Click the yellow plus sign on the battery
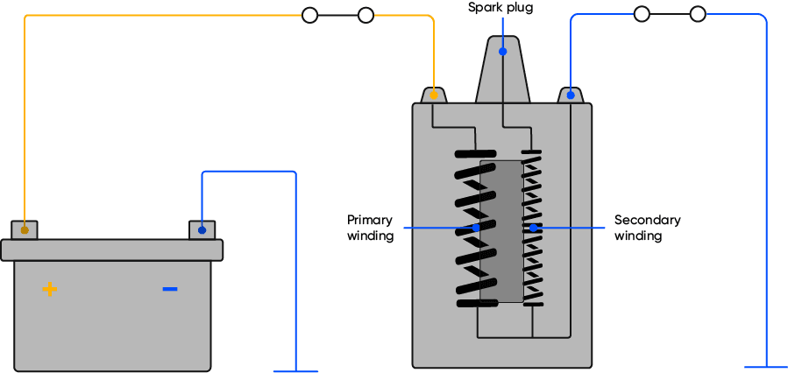point(50,289)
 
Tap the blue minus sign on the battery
point(170,289)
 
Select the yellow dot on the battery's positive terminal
point(25,230)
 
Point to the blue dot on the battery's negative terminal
point(202,230)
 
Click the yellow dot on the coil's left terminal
point(433,94)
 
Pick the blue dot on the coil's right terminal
point(571,94)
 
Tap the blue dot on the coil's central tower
point(502,52)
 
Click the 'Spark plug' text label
point(500,8)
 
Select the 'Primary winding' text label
point(370,228)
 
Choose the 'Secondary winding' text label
point(647,228)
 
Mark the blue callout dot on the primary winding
point(476,228)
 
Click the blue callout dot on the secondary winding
point(532,228)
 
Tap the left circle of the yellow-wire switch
point(309,15)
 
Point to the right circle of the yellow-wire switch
point(366,15)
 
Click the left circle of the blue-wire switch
point(642,14)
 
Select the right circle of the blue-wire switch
point(698,14)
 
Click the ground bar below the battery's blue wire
point(296,370)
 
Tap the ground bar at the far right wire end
point(766,367)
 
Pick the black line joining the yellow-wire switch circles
point(337,15)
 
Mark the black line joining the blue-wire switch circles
point(670,14)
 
